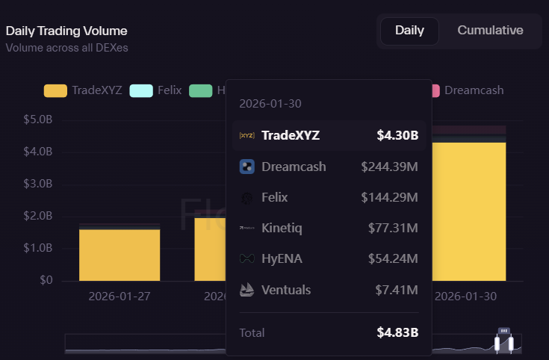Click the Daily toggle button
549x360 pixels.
(409, 31)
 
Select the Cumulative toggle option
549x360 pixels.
(490, 31)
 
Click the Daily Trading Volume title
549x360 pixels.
(66, 31)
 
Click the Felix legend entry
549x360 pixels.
(155, 90)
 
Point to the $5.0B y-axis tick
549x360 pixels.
(38, 120)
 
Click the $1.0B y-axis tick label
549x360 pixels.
(38, 248)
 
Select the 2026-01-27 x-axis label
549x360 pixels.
(120, 296)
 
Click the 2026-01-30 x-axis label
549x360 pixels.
(465, 296)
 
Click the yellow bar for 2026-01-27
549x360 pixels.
(120, 255)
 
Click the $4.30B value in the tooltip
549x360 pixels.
(397, 136)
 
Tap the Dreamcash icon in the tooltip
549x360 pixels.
(246, 167)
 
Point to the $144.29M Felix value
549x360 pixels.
(389, 197)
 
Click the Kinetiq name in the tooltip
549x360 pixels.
(282, 228)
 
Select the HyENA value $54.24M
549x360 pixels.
(393, 258)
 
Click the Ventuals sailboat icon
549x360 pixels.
(246, 289)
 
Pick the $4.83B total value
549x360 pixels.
(397, 332)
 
